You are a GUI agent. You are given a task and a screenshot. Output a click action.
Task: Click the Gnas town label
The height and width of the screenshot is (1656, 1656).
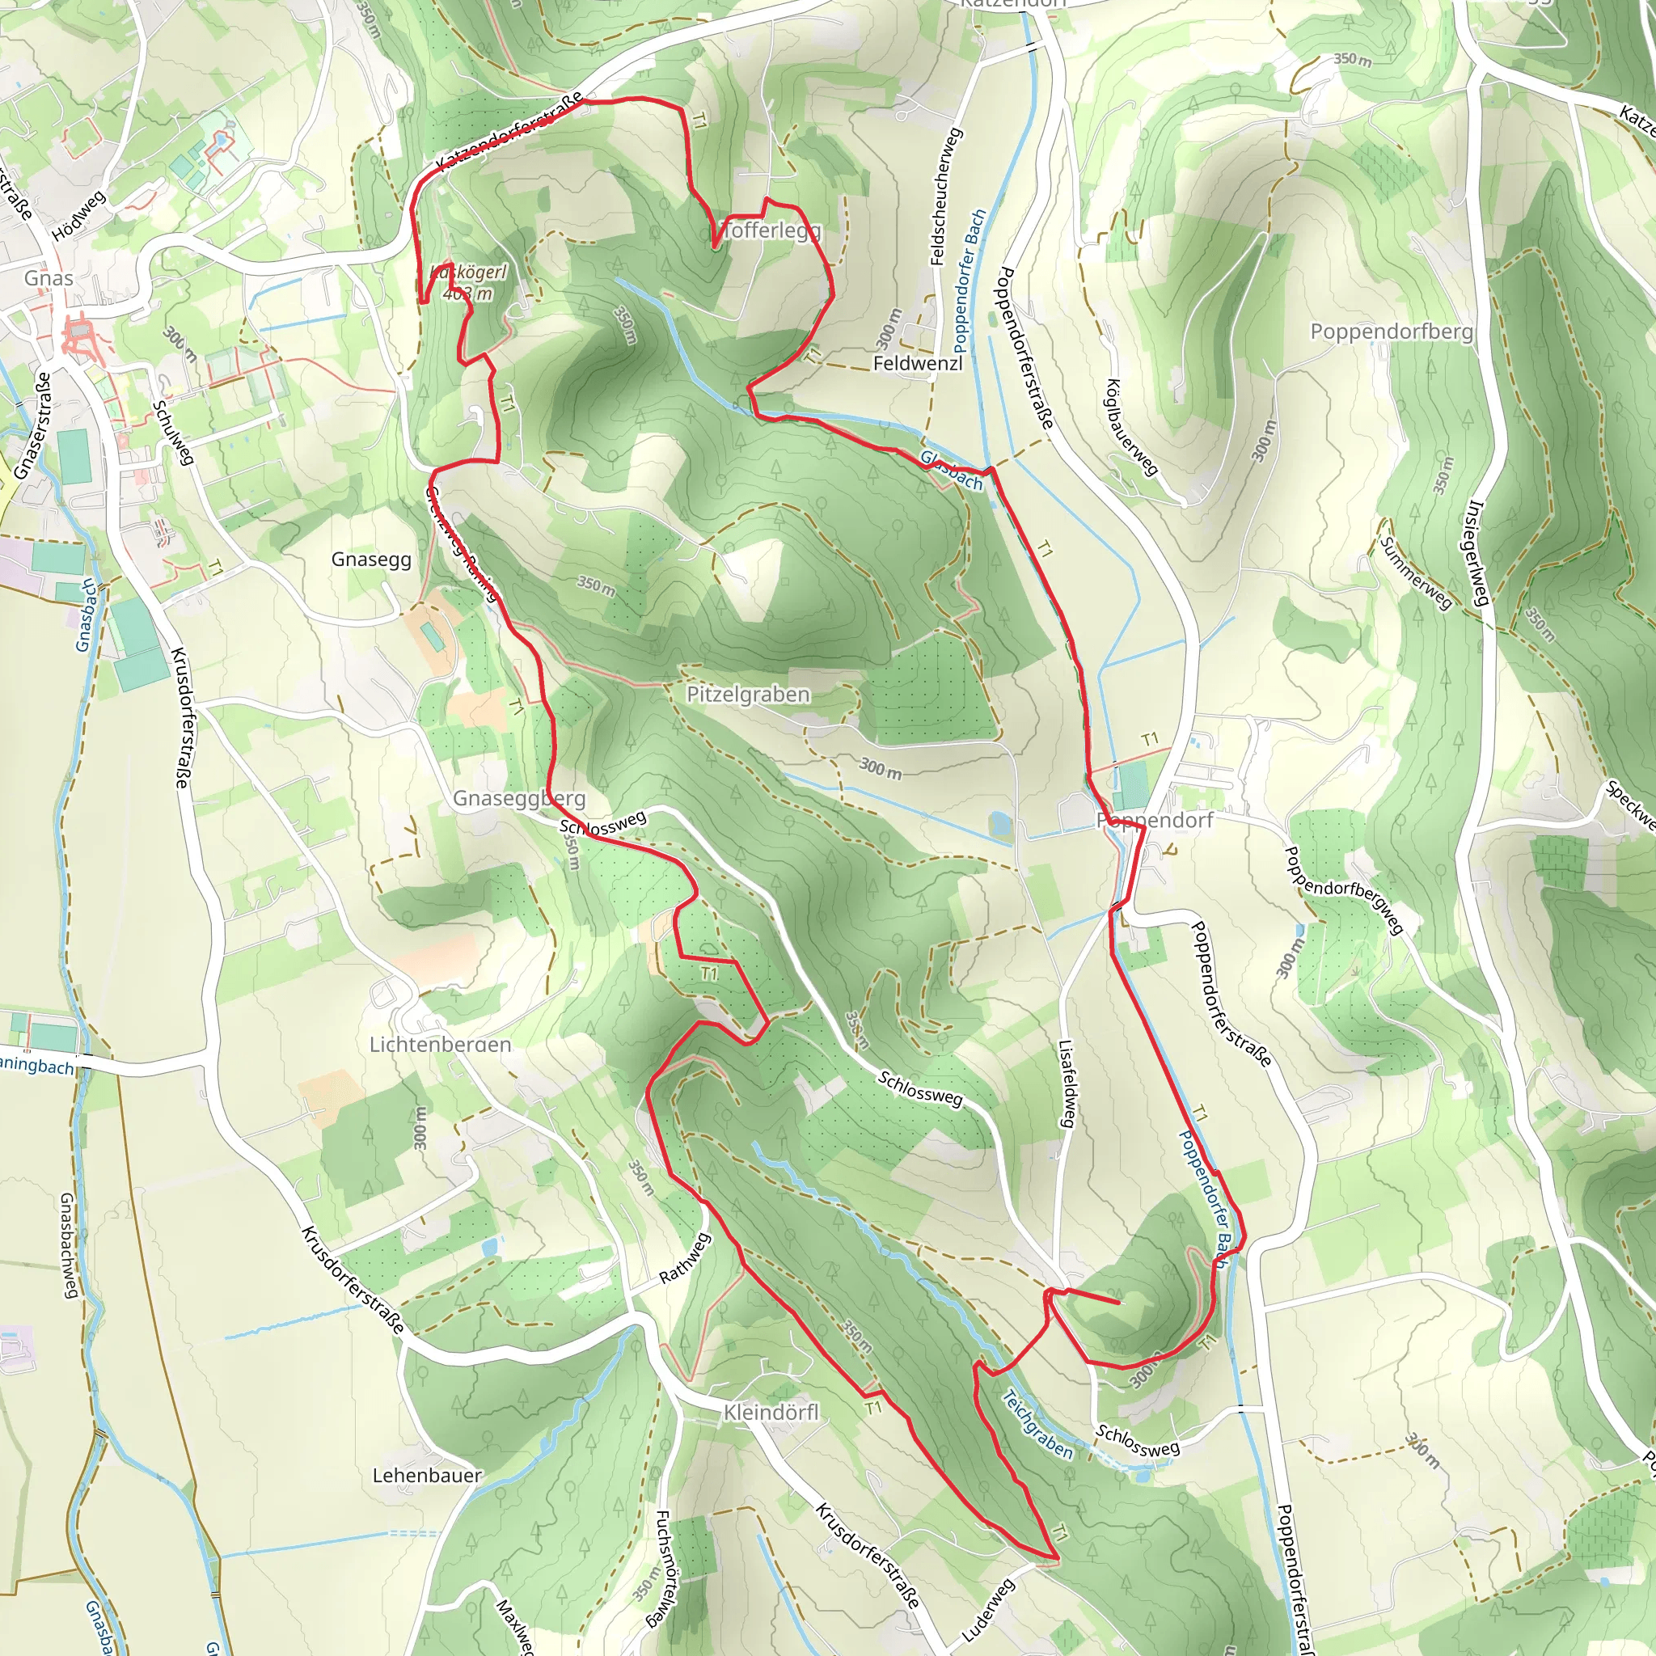click(x=48, y=277)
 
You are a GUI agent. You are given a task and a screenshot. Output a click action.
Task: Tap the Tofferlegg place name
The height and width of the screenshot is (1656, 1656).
click(x=771, y=230)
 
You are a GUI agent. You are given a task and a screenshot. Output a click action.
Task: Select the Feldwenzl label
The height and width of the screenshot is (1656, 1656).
click(x=917, y=363)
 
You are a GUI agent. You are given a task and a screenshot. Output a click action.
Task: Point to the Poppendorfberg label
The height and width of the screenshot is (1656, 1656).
click(x=1391, y=331)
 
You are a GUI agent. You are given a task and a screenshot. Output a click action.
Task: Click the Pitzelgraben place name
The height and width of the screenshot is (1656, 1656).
click(x=747, y=694)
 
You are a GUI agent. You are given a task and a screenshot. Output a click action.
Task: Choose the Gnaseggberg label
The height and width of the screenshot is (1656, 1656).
click(x=518, y=798)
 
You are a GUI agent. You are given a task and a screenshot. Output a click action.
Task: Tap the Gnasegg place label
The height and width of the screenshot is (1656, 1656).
click(x=371, y=559)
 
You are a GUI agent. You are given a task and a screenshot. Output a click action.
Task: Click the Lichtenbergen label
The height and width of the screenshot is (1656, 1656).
click(x=440, y=1044)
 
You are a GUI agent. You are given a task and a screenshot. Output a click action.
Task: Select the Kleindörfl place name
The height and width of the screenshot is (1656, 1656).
click(x=771, y=1412)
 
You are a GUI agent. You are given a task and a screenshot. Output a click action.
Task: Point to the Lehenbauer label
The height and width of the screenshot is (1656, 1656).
click(x=427, y=1475)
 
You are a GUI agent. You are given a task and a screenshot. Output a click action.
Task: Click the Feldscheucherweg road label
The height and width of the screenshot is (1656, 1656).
click(x=945, y=196)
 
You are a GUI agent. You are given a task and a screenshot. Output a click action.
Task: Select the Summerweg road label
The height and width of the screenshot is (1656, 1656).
click(x=1415, y=572)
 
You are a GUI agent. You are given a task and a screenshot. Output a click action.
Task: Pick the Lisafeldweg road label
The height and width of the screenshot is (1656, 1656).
click(x=1067, y=1084)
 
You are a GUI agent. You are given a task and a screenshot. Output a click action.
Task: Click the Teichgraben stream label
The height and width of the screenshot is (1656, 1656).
click(x=1037, y=1424)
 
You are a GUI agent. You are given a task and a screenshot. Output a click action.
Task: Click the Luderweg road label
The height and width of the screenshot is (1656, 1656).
click(x=987, y=1610)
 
